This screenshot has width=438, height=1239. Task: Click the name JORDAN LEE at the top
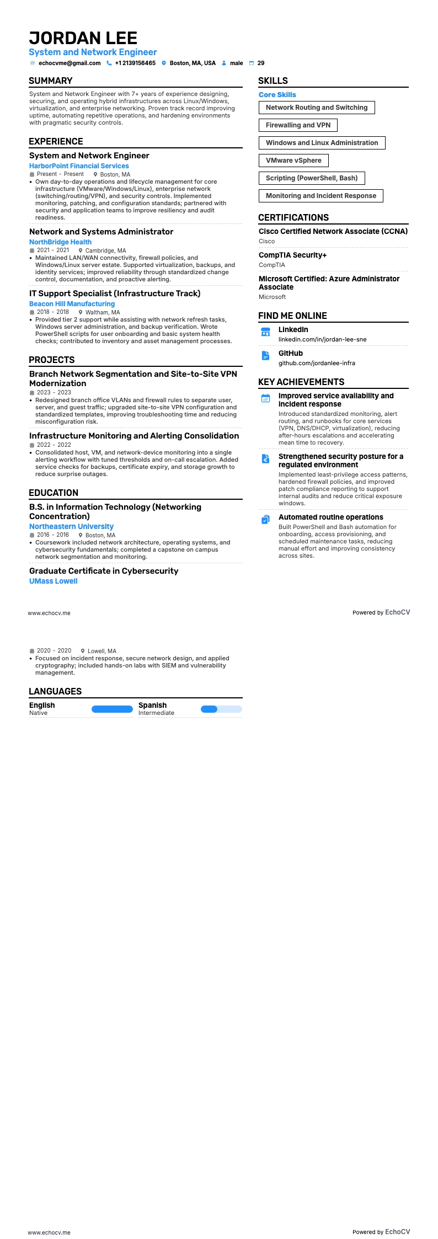(83, 38)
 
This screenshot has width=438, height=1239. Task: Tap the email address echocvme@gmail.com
(70, 63)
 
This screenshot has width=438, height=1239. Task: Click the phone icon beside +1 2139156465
(109, 63)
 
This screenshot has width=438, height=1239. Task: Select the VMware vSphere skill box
(293, 161)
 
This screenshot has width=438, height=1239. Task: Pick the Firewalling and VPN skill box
(298, 125)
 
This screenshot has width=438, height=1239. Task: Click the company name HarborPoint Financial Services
(79, 166)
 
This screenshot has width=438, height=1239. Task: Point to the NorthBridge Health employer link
(60, 242)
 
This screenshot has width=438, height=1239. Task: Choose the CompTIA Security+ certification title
(292, 255)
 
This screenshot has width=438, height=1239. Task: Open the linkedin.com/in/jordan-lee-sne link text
(322, 340)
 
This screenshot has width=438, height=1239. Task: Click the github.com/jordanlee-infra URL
(317, 364)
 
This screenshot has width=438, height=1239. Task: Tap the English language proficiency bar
(112, 709)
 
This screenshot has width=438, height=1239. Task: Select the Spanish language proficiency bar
(221, 709)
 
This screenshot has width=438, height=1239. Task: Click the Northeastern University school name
(71, 527)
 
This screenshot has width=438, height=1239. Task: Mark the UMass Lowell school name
(53, 581)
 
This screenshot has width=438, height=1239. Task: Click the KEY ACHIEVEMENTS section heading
(301, 382)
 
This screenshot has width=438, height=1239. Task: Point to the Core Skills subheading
(277, 95)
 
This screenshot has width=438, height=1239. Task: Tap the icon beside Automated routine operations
(265, 520)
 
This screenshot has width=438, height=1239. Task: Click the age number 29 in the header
(261, 63)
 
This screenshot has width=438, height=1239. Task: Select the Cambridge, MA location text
(105, 250)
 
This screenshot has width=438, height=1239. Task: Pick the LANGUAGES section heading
(55, 692)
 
